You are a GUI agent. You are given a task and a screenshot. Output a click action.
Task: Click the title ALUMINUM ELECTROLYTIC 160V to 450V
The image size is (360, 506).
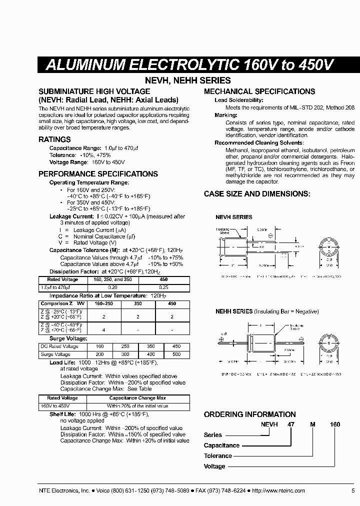click(x=189, y=65)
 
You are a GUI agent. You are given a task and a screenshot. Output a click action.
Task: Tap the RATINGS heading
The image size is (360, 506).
click(x=54, y=139)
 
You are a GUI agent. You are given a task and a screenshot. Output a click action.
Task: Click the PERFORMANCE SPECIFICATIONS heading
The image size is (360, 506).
click(x=98, y=174)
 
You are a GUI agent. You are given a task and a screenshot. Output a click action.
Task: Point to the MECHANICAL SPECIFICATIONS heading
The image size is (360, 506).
click(x=259, y=91)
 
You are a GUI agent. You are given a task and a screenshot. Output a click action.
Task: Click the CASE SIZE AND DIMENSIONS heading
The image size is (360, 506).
click(x=257, y=193)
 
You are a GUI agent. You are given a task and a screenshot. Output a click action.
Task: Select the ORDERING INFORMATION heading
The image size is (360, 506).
click(x=249, y=414)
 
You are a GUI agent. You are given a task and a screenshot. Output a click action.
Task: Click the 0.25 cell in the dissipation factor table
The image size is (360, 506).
click(x=163, y=287)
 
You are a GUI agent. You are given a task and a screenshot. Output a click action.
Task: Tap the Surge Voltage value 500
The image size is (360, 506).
click(x=176, y=354)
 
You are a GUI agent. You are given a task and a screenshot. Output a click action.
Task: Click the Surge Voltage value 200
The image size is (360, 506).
click(x=100, y=354)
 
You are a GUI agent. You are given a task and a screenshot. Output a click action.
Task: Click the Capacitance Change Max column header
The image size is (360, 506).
click(x=137, y=398)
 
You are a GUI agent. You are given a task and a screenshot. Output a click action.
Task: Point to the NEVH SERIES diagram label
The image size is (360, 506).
click(x=233, y=217)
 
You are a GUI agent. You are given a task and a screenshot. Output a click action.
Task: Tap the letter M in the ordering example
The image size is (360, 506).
click(x=312, y=424)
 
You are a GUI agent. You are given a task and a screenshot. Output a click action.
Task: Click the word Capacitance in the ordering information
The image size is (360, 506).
click(x=221, y=445)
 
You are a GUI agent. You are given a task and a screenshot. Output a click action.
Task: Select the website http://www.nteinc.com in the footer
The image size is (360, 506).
click(x=279, y=491)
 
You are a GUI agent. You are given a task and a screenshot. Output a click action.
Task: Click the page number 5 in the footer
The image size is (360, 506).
click(x=353, y=491)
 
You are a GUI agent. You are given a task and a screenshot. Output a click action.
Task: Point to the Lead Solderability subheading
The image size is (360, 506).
click(x=238, y=100)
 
